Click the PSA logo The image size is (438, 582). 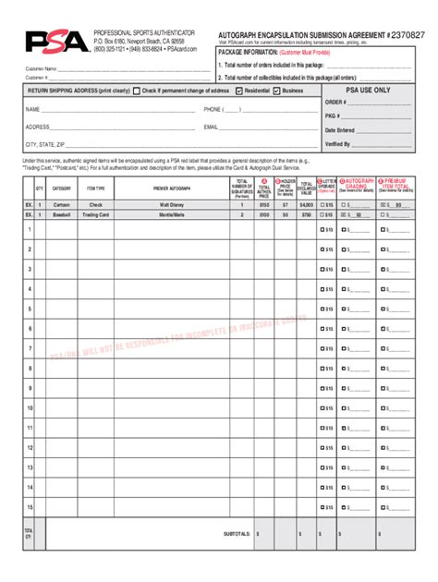[56, 42]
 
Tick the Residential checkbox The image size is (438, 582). [239, 91]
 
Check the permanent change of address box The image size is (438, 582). [137, 91]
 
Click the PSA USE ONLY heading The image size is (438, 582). [368, 91]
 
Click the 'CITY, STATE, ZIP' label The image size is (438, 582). [45, 145]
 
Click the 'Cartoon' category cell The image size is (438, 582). [62, 203]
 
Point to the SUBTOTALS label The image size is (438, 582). [237, 533]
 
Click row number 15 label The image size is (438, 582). [30, 486]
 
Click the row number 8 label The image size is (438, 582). [30, 368]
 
